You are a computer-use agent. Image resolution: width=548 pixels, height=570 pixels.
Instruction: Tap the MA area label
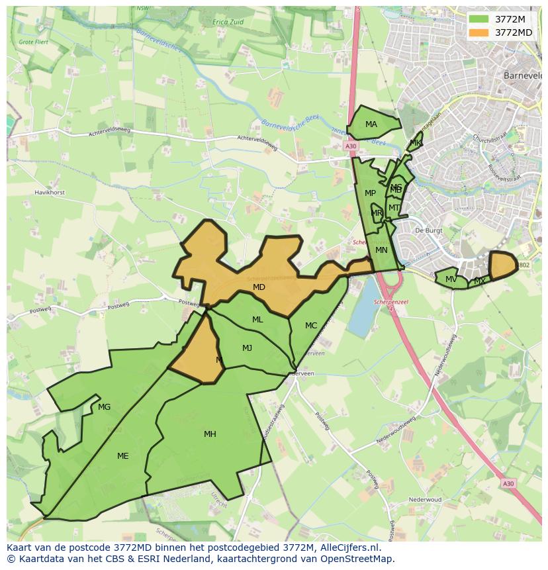(x=371, y=124)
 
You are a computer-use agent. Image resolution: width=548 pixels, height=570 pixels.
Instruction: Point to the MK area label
(x=415, y=142)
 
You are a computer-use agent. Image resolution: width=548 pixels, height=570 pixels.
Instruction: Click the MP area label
(x=370, y=193)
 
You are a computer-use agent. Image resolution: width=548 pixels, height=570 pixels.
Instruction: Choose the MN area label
(x=381, y=250)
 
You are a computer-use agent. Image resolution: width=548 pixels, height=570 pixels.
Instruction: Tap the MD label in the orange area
(x=259, y=287)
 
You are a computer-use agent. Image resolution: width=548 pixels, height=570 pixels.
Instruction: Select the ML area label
(x=257, y=320)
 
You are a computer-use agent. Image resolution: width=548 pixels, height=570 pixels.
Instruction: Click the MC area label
(x=311, y=326)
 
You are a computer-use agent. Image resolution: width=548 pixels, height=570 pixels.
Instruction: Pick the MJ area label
(x=247, y=348)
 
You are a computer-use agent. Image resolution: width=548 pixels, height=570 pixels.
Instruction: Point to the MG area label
(x=104, y=407)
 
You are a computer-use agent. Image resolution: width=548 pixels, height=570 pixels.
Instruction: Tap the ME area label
(x=122, y=456)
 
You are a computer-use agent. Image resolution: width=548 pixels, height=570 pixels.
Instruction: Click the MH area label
(x=210, y=434)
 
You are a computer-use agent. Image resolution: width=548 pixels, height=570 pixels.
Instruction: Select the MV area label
(x=451, y=279)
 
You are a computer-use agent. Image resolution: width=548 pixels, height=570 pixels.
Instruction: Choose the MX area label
(x=480, y=281)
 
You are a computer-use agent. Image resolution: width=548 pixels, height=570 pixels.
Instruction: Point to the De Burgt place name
(x=428, y=230)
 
